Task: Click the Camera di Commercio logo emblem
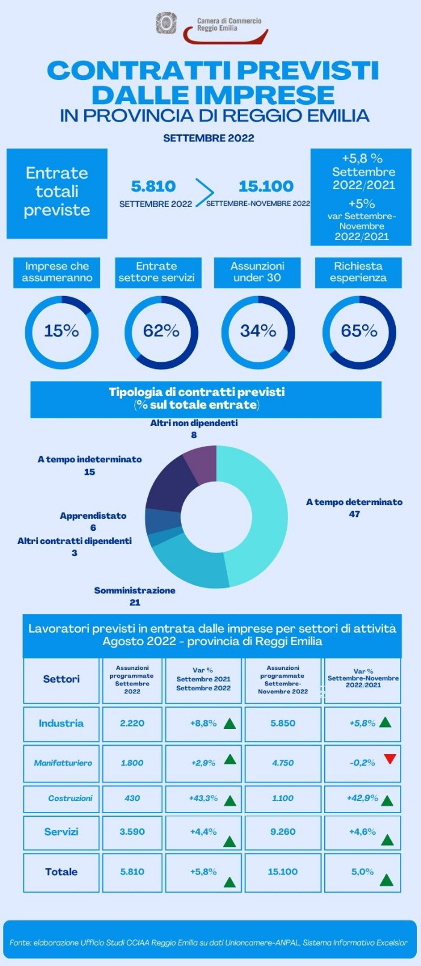[x=167, y=23]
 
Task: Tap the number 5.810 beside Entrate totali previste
[x=153, y=187]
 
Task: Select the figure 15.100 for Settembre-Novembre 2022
[x=266, y=187]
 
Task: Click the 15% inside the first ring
[x=61, y=331]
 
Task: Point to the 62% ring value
[x=161, y=331]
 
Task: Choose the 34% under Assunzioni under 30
[x=258, y=331]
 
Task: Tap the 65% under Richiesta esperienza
[x=359, y=331]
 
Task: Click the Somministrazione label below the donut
[x=135, y=590]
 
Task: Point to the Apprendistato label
[x=93, y=516]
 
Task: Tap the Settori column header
[x=61, y=680]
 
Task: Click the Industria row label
[x=61, y=723]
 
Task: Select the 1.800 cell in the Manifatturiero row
[x=132, y=763]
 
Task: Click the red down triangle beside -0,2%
[x=390, y=759]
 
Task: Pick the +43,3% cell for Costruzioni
[x=203, y=799]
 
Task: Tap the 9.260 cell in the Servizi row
[x=283, y=832]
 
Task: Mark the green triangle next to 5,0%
[x=387, y=881]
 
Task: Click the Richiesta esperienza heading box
[x=358, y=272]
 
